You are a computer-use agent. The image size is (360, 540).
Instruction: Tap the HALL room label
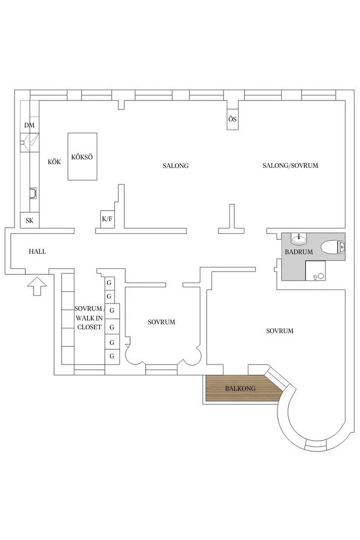[x=37, y=252]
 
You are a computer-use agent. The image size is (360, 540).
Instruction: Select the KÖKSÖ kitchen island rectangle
[x=82, y=157]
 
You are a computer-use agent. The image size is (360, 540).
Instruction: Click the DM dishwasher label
[x=29, y=125]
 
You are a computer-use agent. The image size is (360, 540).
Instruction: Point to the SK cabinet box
[x=29, y=220]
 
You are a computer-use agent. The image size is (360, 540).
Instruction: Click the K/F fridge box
[x=107, y=219]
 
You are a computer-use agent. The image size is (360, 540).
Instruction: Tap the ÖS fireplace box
[x=232, y=119]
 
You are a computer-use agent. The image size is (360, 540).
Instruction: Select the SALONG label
[x=175, y=166]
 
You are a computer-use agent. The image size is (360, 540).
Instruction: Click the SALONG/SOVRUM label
[x=290, y=166]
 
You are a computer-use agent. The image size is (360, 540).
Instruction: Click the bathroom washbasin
[x=297, y=239]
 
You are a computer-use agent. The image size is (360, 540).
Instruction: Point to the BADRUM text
[x=298, y=252]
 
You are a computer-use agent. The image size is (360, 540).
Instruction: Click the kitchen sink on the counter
[x=33, y=193]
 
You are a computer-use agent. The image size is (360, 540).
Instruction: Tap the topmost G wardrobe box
[x=109, y=282]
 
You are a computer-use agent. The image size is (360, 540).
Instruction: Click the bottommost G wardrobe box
[x=112, y=356]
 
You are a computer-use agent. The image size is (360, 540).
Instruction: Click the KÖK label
[x=53, y=161]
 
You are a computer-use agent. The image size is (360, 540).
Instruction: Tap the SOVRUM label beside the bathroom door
[x=280, y=331]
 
